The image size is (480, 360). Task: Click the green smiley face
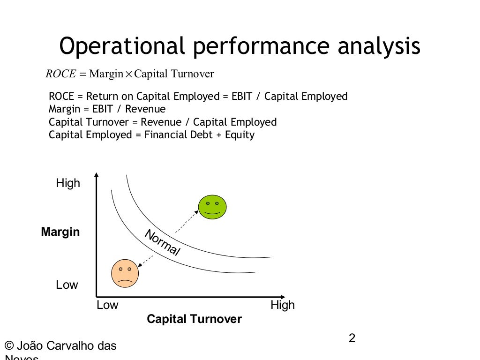pyautogui.click(x=212, y=207)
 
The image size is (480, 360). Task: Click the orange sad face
pyautogui.click(x=125, y=273)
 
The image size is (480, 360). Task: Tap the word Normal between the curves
pyautogui.click(x=162, y=243)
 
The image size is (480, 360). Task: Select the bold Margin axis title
pyautogui.click(x=60, y=232)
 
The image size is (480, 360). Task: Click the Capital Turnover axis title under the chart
pyautogui.click(x=194, y=319)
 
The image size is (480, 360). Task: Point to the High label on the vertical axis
pyautogui.click(x=68, y=183)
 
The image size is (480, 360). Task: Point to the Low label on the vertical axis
pyautogui.click(x=67, y=285)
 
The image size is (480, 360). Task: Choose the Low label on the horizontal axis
pyautogui.click(x=107, y=305)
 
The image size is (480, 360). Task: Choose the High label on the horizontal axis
pyautogui.click(x=283, y=305)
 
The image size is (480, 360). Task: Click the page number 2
pyautogui.click(x=352, y=338)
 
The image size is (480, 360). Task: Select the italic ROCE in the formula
pyautogui.click(x=60, y=74)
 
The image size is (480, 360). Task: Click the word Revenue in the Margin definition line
pyautogui.click(x=149, y=109)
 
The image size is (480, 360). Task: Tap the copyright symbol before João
pyautogui.click(x=8, y=346)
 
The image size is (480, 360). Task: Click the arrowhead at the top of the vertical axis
pyautogui.click(x=96, y=175)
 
